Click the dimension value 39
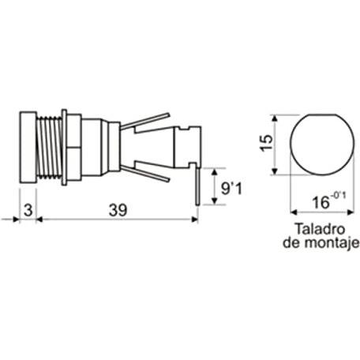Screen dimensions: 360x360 (x=118, y=210)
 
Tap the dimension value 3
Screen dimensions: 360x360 (x=28, y=210)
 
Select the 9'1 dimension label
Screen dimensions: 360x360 (x=231, y=189)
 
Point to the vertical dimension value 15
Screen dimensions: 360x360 (x=266, y=142)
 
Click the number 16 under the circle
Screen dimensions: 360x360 (x=321, y=203)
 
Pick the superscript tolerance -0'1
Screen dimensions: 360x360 (x=339, y=196)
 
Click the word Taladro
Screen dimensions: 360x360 (x=320, y=229)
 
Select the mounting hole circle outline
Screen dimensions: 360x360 (x=291, y=144)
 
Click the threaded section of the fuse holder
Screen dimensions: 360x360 (x=49, y=147)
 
